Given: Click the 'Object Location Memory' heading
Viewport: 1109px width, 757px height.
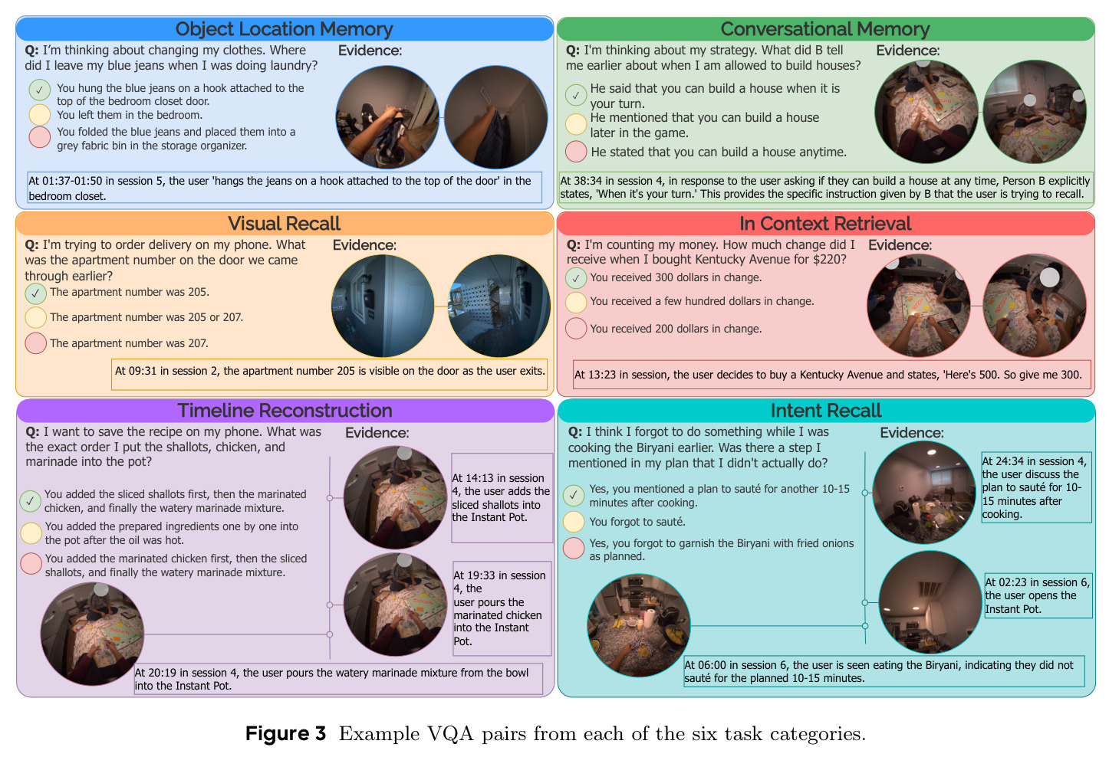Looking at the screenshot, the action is coord(284,29).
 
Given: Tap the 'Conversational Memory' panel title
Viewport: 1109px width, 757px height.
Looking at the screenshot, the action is coord(824,29).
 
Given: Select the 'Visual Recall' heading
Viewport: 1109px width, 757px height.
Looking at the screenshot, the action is coord(284,224).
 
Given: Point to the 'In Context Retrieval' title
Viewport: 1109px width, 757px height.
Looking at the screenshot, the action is coord(824,224).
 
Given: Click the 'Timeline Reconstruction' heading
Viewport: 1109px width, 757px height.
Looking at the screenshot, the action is coord(285,411).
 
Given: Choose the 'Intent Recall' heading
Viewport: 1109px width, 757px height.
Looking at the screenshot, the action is coord(826,411).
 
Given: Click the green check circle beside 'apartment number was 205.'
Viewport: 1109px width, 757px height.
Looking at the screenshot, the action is coord(35,293).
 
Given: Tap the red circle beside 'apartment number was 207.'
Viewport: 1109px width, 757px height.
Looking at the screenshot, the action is coord(35,343).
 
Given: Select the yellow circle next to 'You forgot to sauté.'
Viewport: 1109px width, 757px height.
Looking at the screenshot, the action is coord(574,521).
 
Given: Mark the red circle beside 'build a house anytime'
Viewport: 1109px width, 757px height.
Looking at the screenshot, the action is coord(576,151).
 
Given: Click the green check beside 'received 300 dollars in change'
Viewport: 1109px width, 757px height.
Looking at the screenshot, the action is coord(576,278).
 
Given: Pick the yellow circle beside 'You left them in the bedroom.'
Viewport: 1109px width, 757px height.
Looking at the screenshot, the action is coord(40,115).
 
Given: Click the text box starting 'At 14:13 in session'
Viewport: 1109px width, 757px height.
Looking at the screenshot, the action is coord(502,498).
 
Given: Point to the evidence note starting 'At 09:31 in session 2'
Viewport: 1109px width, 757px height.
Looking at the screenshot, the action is coord(329,375).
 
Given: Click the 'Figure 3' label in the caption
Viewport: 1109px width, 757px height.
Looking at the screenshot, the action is coord(285,733).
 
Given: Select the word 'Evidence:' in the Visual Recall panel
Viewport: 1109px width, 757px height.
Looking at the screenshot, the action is coord(364,245).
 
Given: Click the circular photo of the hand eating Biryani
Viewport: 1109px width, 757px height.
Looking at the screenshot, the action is coord(638,625).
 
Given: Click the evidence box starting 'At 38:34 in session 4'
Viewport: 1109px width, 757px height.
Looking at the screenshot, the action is coord(825,187).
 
